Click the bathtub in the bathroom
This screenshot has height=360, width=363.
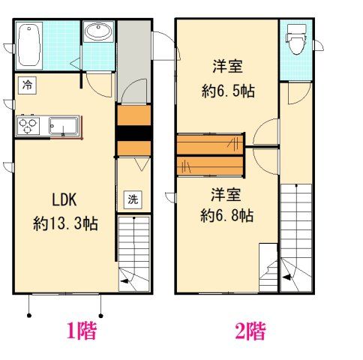(29, 45)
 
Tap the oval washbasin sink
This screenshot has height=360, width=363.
(98, 31)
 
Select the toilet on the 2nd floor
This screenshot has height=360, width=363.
(296, 39)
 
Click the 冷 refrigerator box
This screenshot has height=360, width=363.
(27, 85)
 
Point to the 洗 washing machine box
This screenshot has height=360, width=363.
(133, 199)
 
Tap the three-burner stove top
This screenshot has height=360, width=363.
(28, 126)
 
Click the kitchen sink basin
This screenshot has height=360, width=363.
(63, 125)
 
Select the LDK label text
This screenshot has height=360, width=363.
(64, 199)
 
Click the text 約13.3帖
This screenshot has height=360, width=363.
(65, 223)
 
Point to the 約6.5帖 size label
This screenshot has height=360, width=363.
(228, 91)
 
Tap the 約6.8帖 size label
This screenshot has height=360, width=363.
(227, 215)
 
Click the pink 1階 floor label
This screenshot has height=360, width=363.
(82, 331)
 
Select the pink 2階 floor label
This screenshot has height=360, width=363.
(250, 331)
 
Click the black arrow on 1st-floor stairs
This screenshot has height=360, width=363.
(125, 280)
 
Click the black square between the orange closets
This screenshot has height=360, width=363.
(133, 133)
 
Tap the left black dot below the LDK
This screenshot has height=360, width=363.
(29, 316)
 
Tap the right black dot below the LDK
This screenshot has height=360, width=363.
(101, 316)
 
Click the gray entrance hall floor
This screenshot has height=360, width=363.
(134, 60)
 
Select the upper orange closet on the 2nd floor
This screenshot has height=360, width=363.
(210, 145)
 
